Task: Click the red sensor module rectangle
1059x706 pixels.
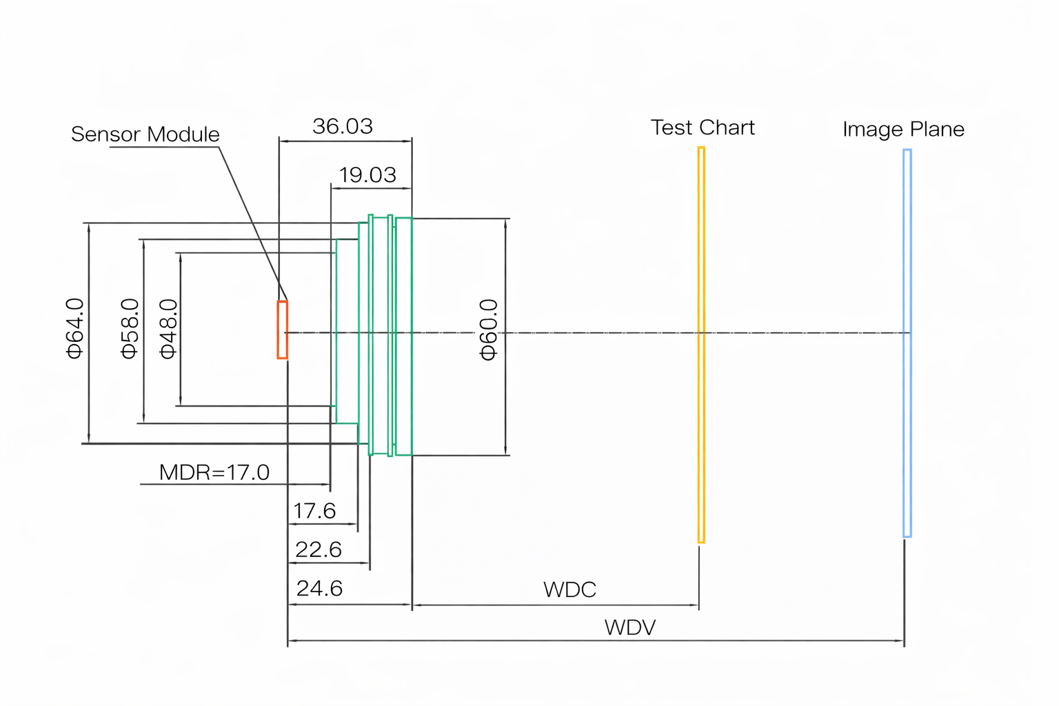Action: (282, 330)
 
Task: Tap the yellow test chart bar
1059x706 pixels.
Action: (701, 345)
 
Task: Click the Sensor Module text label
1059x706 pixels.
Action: (145, 134)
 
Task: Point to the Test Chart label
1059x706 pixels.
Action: (703, 128)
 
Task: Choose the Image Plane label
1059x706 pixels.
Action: (903, 129)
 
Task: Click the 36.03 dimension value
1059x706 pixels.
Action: (343, 126)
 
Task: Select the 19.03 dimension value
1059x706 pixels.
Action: (367, 174)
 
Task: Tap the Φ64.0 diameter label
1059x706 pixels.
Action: (74, 328)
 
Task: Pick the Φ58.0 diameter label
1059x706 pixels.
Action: (130, 328)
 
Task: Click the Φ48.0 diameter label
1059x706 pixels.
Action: (168, 328)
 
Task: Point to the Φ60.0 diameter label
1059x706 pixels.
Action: (488, 330)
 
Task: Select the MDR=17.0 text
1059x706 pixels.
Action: (214, 472)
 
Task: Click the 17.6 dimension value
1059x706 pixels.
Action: (314, 511)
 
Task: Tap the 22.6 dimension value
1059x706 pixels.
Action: (318, 549)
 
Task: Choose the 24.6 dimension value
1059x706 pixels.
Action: (319, 588)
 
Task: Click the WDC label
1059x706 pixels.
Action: (569, 589)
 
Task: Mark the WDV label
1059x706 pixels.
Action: (629, 627)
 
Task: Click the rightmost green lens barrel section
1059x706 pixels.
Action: (404, 336)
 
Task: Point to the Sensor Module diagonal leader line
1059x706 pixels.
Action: (251, 221)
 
